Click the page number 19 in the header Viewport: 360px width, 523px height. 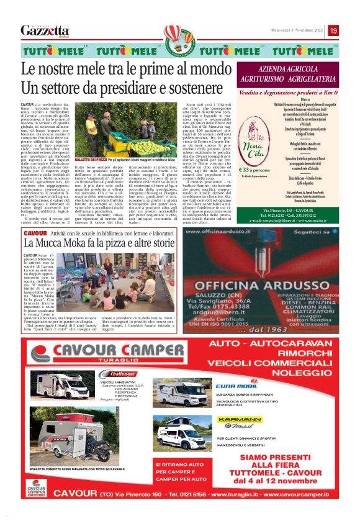(334, 30)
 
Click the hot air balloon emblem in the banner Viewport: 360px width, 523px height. (180, 38)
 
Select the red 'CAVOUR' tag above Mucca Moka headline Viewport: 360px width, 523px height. (34, 233)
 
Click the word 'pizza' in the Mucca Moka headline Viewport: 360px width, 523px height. (120, 244)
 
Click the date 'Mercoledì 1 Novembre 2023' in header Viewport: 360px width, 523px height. (292, 30)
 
